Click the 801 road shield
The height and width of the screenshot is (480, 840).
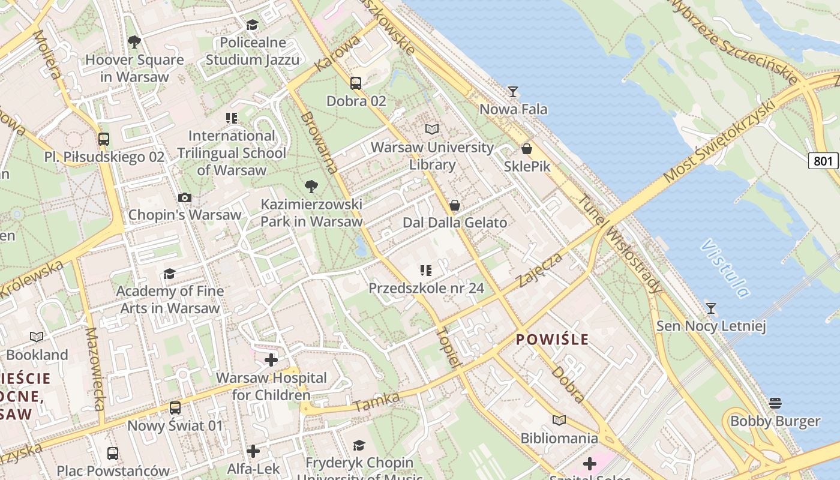823,161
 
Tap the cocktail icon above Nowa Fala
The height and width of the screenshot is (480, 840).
513,92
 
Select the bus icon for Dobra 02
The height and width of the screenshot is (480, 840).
356,83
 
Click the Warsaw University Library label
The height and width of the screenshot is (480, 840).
432,156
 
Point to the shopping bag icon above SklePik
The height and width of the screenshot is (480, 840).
527,149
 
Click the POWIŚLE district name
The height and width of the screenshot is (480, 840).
552,340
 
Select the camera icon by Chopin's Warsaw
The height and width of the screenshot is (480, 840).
185,197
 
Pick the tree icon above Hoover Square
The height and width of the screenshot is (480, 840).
134,42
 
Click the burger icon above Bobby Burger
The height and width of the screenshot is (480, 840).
775,403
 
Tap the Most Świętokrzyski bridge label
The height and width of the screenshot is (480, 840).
720,141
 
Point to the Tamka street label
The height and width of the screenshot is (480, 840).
376,402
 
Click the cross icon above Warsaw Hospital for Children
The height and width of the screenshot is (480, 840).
271,360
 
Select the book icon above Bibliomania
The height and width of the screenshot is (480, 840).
559,421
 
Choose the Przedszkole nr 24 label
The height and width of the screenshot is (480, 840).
426,288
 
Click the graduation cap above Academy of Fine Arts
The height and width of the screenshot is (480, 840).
170,274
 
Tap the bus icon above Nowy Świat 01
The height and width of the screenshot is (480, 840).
175,408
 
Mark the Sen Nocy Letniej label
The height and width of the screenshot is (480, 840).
711,326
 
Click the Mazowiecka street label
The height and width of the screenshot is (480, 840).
95,368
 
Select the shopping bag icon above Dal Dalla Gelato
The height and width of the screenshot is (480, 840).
455,206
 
